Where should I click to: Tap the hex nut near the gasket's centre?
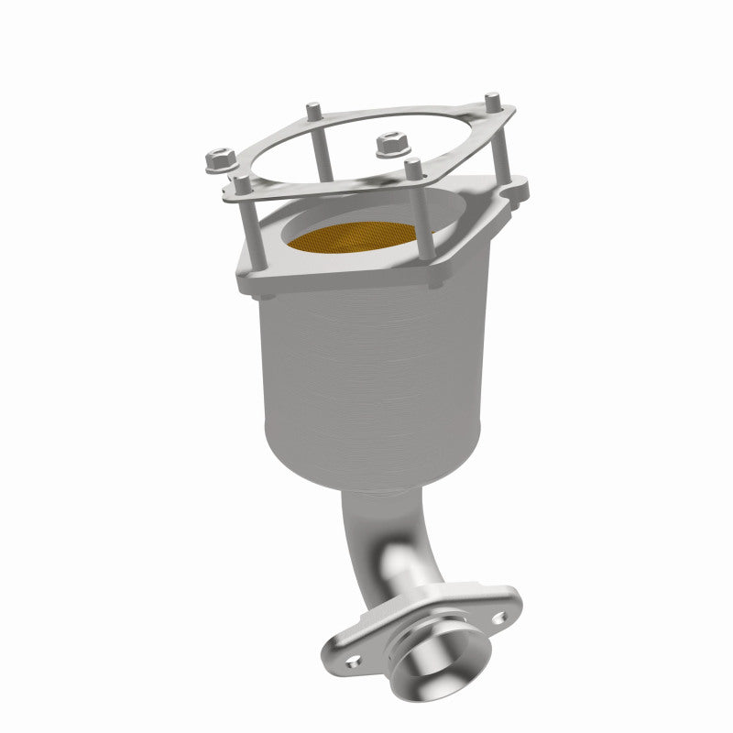pyautogui.click(x=386, y=144)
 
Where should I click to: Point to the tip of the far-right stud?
pyautogui.click(x=492, y=97)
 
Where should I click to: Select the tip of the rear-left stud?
pyautogui.click(x=312, y=107)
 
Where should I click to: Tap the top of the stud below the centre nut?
pyautogui.click(x=413, y=166)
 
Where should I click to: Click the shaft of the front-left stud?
pyautogui.click(x=247, y=229)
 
